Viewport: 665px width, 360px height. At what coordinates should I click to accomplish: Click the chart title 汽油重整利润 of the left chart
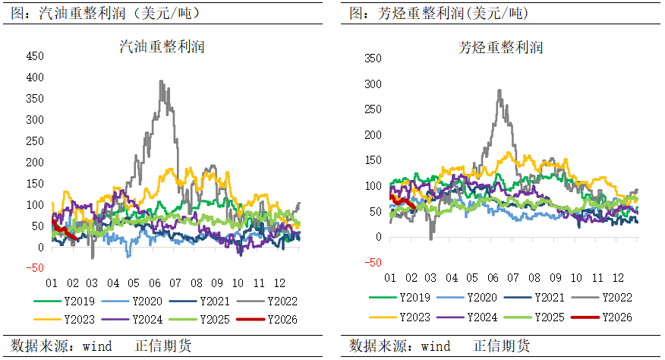(x=162, y=46)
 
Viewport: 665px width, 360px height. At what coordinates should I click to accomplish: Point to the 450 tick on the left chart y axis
(x=35, y=56)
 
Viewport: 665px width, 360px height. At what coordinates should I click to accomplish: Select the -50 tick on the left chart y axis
(x=35, y=268)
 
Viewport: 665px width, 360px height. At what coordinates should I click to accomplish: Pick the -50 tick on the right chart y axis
(x=375, y=263)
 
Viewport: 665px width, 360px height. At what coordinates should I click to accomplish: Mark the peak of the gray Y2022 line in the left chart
(x=161, y=81)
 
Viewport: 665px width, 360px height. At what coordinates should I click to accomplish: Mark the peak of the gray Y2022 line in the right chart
(x=499, y=90)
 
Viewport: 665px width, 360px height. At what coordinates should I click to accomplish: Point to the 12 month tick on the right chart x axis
(x=618, y=278)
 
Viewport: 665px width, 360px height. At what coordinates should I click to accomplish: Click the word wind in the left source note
(x=96, y=346)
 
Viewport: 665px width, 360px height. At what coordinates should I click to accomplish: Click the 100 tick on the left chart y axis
(x=35, y=205)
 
